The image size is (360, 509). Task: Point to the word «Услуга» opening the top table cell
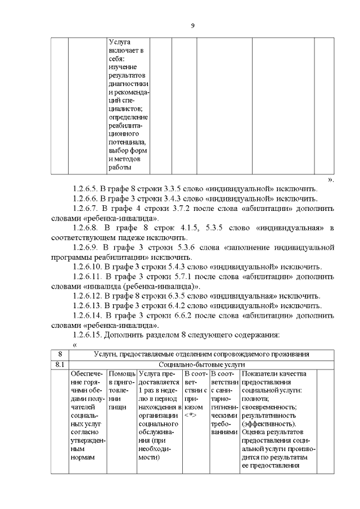click(x=119, y=42)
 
